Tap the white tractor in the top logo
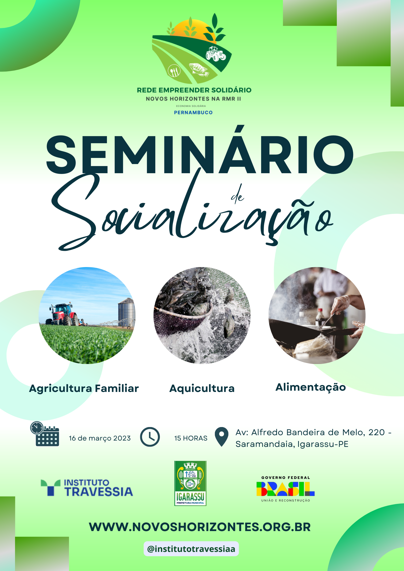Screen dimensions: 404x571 coord(216,54)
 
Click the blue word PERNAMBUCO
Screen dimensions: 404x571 coord(193,112)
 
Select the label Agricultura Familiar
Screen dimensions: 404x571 coord(84,388)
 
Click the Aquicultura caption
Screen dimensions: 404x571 coord(202,388)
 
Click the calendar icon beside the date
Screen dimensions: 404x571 coord(45,434)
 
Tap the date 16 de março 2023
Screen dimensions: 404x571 coord(100,438)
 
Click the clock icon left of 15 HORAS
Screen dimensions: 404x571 coord(150,437)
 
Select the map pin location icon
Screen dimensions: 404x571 coord(221,436)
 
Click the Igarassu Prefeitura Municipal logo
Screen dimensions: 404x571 coord(190,483)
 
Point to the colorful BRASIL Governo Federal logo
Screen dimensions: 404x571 coord(286,489)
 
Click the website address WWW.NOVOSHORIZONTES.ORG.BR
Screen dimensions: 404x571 coord(200,527)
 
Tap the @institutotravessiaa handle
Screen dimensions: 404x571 coord(191,549)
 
